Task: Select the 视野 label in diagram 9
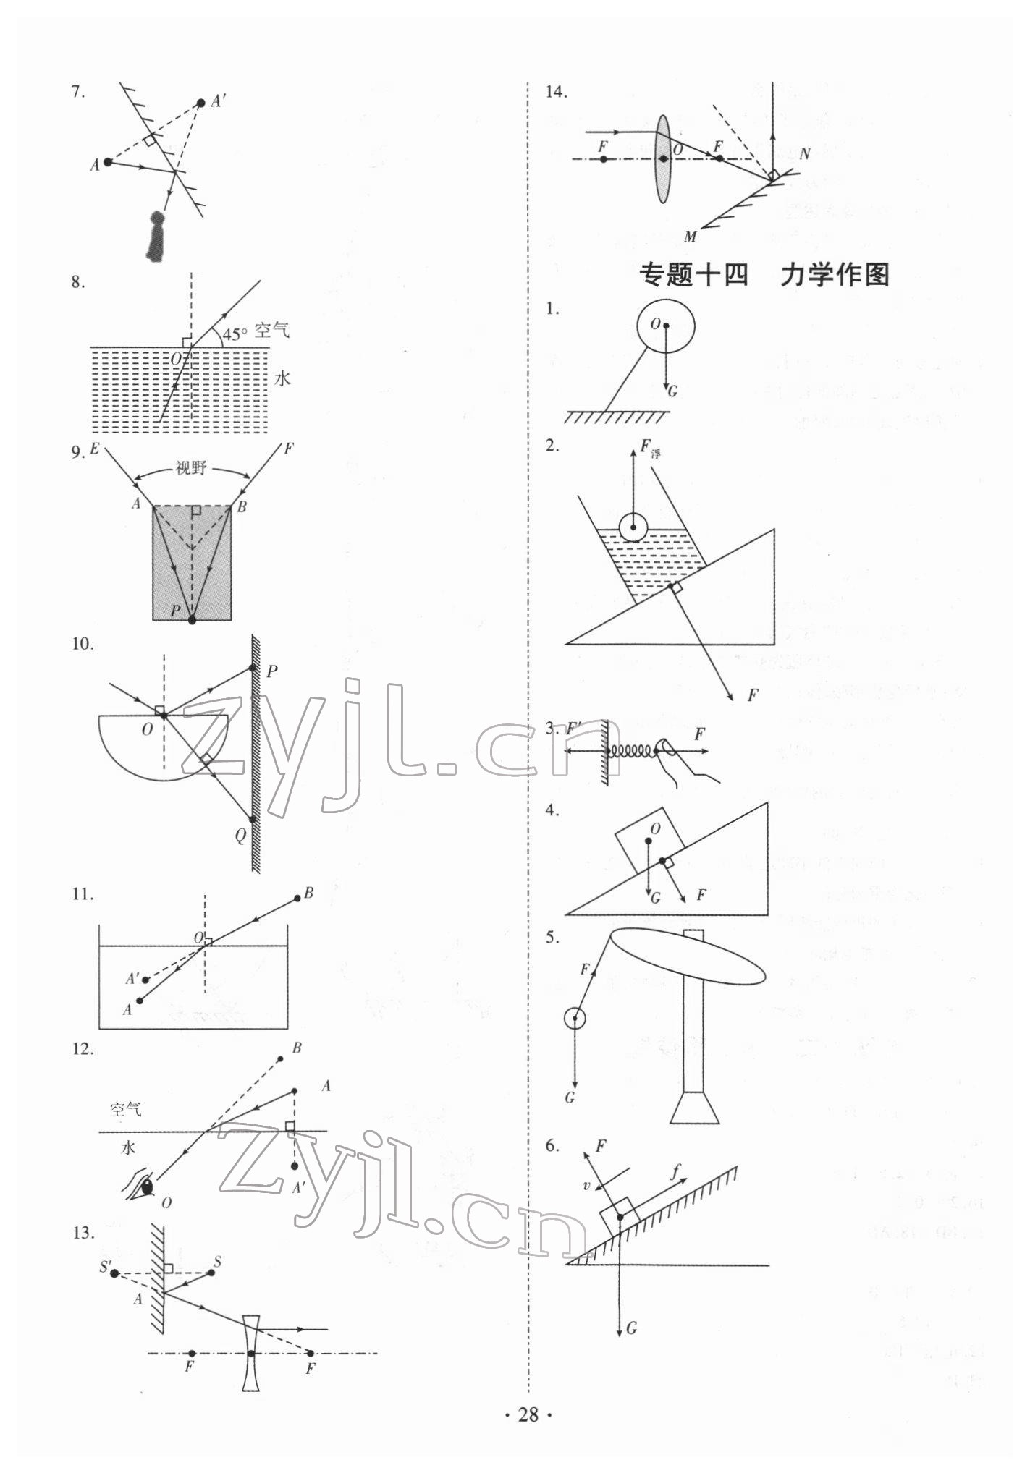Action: point(191,468)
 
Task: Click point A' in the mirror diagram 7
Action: point(201,103)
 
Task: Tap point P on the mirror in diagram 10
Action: point(252,667)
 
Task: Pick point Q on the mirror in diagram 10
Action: point(253,820)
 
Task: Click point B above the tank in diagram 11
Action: point(297,899)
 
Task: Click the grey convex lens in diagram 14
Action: point(663,158)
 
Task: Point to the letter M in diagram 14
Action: point(690,237)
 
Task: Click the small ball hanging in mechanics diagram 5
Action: point(575,1019)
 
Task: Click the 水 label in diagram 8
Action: point(282,378)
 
